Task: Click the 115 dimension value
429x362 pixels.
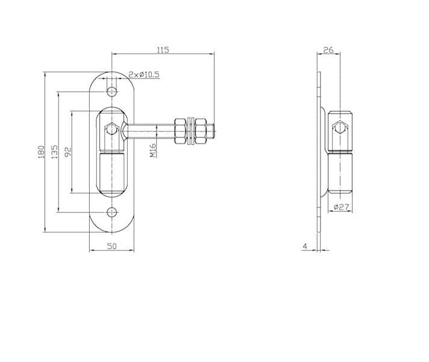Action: (x=163, y=50)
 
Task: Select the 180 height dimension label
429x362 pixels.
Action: (x=41, y=152)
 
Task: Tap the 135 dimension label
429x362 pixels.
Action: (x=54, y=152)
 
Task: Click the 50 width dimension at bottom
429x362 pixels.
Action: (x=111, y=246)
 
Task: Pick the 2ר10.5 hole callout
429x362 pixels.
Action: (x=144, y=75)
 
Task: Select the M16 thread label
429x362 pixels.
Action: (x=153, y=150)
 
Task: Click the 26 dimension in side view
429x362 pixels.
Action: (x=328, y=50)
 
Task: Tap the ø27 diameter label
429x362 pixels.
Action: (x=342, y=207)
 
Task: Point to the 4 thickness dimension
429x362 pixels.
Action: (x=305, y=246)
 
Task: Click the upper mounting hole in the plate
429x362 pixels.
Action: (x=112, y=92)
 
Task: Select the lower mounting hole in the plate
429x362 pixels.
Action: (x=112, y=212)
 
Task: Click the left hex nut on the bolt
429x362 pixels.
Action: (x=180, y=131)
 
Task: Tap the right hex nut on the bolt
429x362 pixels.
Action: (x=201, y=131)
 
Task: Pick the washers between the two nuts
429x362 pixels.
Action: (x=190, y=131)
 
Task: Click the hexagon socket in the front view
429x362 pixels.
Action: (x=111, y=129)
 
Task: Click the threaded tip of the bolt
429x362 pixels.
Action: (x=211, y=131)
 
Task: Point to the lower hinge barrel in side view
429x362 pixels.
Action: (x=340, y=173)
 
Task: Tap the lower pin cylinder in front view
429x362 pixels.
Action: (x=111, y=173)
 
